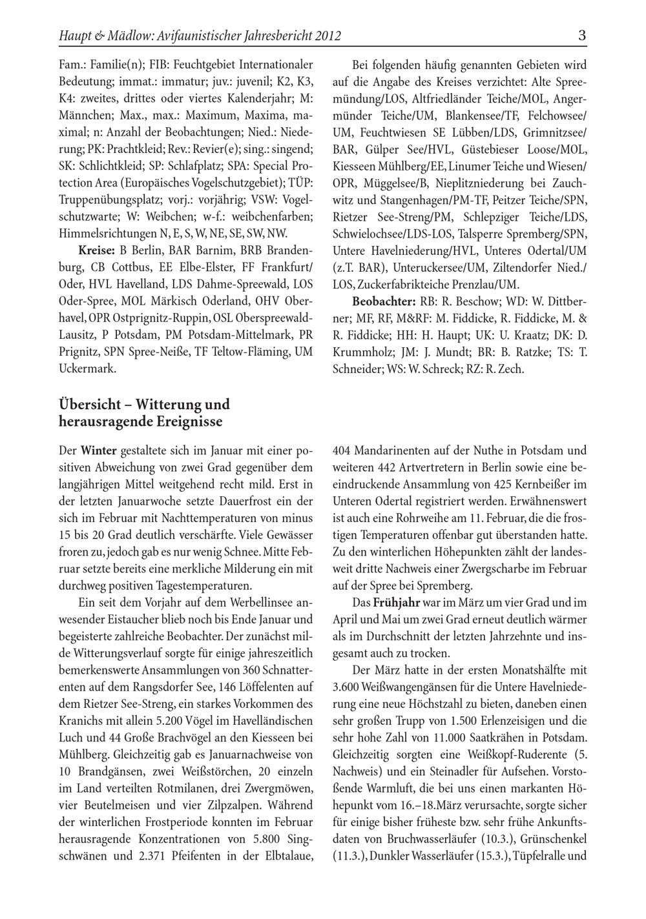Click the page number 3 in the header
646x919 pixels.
(x=581, y=35)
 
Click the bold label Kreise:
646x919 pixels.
(x=97, y=250)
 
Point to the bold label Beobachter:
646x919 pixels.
(x=384, y=301)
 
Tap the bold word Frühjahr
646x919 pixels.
(x=397, y=603)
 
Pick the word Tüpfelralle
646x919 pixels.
(x=541, y=856)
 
